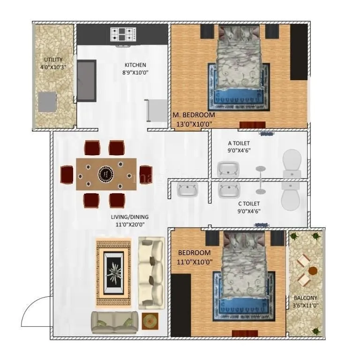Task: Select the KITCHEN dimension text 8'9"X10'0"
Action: point(135,73)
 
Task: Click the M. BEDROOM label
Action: point(194,115)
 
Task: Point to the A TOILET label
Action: point(239,143)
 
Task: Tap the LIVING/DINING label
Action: point(129,217)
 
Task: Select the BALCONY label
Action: point(305,298)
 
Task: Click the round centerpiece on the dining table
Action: point(106,174)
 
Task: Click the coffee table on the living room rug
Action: point(113,272)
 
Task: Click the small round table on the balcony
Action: point(313,271)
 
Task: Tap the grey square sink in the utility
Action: point(47,101)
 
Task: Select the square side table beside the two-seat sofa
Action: point(150,321)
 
